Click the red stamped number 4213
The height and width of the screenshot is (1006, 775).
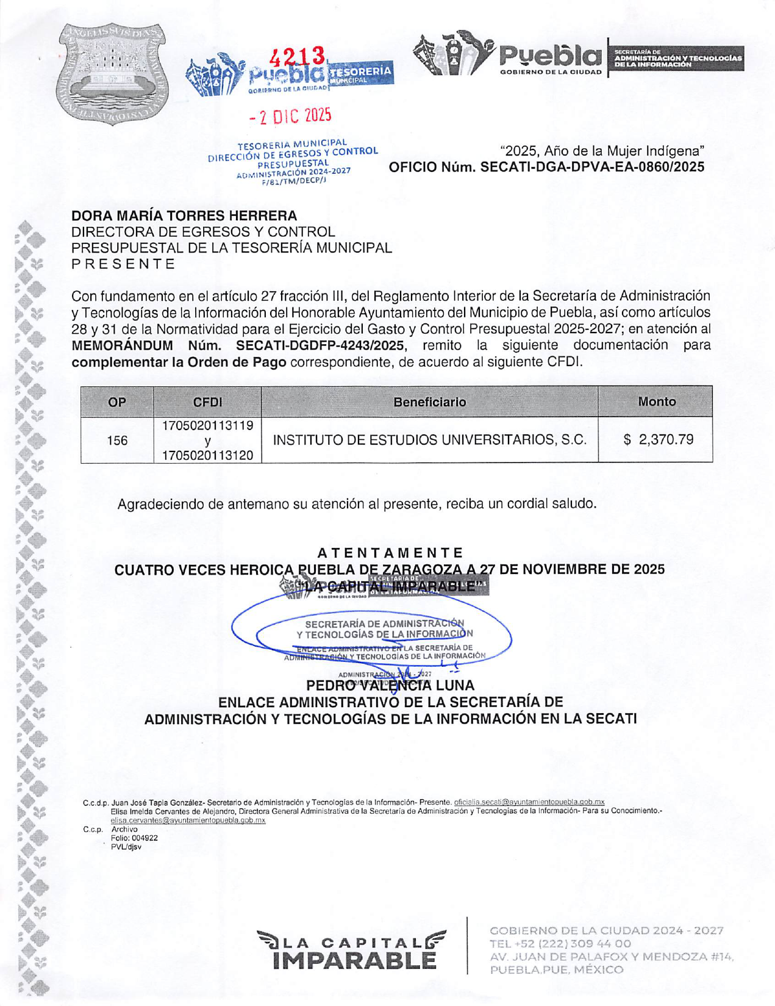pos(297,57)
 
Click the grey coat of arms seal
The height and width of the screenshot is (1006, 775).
pos(113,74)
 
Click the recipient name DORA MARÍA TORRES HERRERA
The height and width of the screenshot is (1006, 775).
pos(184,215)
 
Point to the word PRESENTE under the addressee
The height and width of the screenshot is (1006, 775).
pos(123,264)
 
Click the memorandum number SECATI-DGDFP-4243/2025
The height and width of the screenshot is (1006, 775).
pos(320,345)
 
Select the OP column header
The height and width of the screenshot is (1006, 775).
pos(117,402)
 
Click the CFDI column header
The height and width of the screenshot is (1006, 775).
pos(207,402)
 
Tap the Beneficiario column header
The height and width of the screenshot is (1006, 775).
pos(429,402)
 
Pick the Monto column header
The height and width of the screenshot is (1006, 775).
pos(656,401)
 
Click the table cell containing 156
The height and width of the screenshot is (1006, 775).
pos(117,440)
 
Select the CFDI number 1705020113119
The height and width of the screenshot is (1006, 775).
pos(207,425)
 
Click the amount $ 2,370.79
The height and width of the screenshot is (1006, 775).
pos(658,439)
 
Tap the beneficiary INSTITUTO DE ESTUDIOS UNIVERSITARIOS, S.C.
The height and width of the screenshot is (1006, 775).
pos(429,439)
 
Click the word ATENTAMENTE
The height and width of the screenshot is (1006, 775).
pos(390,553)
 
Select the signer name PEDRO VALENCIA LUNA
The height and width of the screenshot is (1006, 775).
pos(390,686)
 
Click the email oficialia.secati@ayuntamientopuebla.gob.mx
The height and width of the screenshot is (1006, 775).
pos(529,802)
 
